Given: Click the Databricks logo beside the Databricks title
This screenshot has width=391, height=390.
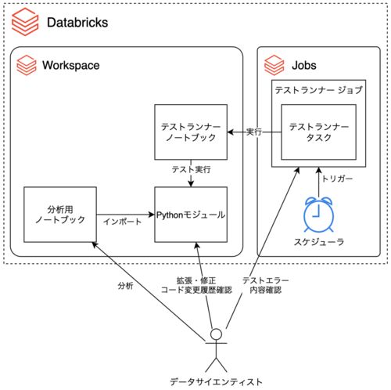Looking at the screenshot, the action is coord(25,22).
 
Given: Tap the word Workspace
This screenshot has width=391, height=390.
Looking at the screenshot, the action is coord(71,65).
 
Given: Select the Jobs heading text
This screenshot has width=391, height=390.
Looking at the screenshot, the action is coord(304,65).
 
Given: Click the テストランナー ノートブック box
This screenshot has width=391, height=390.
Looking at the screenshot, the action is coord(191,132).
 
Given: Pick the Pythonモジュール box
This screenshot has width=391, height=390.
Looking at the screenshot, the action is coord(191,215).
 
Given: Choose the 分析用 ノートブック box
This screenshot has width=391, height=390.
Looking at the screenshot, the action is coord(60,215).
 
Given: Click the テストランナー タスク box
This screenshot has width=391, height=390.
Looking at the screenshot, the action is coord(318,132).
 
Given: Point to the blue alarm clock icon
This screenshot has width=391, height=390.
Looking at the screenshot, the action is coord(318,215).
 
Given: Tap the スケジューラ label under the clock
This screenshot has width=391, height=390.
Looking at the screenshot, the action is coord(319,242).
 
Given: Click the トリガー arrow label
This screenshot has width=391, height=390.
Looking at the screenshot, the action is coord(337,179).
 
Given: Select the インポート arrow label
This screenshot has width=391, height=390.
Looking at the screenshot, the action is coord(122,222).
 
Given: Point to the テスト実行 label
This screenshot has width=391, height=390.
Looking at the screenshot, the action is coord(191,170).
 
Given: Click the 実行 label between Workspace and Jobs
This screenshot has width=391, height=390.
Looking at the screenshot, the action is coord(254,132).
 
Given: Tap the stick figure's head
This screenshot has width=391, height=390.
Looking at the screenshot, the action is coord(216,334).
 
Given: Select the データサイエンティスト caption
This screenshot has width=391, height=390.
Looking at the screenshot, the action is coord(216,382).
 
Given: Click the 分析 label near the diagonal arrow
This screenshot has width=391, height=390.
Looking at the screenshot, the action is coord(125,286).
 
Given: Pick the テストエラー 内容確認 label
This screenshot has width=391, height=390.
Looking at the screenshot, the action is coord(265,285).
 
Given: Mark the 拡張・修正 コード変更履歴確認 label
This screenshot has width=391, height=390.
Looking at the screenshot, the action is coord(196,285).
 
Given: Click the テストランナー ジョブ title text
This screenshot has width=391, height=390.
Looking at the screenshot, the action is coord(318,90).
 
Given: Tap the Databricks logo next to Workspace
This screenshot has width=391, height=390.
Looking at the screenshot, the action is coord(27,65).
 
